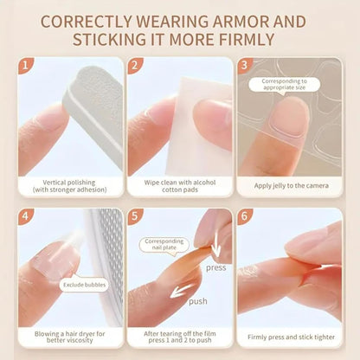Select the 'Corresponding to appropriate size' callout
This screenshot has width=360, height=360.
tap(278, 83)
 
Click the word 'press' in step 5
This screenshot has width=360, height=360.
tap(215, 268)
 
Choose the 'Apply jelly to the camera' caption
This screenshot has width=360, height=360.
tap(290, 185)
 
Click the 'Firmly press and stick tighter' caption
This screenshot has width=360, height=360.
tap(290, 336)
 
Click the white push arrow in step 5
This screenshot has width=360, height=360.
tap(177, 292)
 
